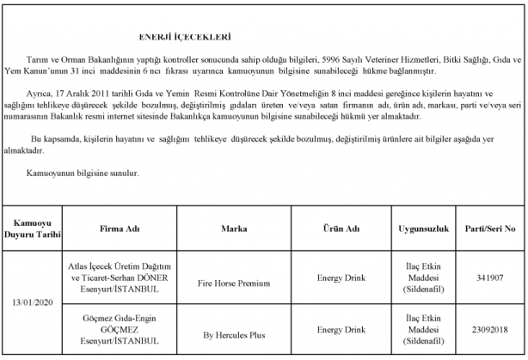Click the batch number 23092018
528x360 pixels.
pyautogui.click(x=494, y=329)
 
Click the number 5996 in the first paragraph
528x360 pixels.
pyautogui.click(x=332, y=61)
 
